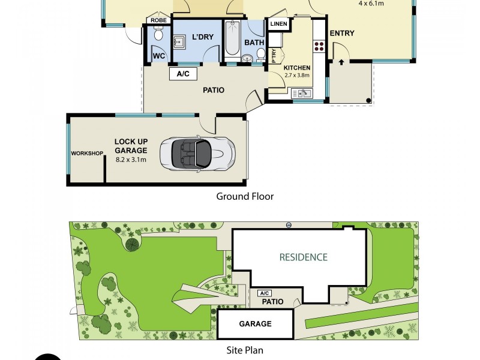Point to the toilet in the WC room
pyautogui.click(x=158, y=36)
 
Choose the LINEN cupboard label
pyautogui.click(x=278, y=24)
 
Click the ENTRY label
pyautogui.click(x=342, y=34)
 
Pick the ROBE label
pyautogui.click(x=158, y=20)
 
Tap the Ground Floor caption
pyautogui.click(x=245, y=196)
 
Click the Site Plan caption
pyautogui.click(x=245, y=350)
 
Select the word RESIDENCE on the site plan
pyautogui.click(x=304, y=257)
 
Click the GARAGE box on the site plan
pyautogui.click(x=256, y=323)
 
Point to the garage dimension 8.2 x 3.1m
pyautogui.click(x=131, y=160)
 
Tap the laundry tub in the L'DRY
pyautogui.click(x=179, y=42)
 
